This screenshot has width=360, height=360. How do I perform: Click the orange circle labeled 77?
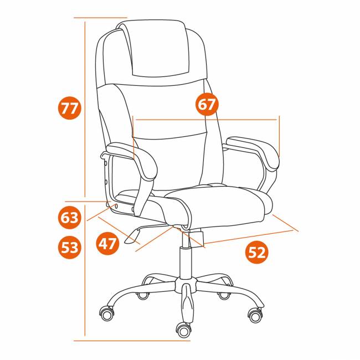pyautogui.click(x=70, y=108)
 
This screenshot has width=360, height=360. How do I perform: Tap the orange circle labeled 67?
pyautogui.click(x=207, y=104)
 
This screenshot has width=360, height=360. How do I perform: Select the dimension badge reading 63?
pyautogui.click(x=70, y=218)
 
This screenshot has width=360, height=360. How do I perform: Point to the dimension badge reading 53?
pyautogui.click(x=70, y=247)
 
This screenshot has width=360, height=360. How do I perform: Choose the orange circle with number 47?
pyautogui.click(x=107, y=243)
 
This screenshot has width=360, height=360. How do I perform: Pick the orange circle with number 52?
pyautogui.click(x=257, y=253)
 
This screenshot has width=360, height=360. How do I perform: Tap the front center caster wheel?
pyautogui.click(x=183, y=331)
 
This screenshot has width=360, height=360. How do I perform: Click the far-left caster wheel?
pyautogui.click(x=107, y=313)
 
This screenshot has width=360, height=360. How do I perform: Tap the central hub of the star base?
pyautogui.click(x=186, y=285)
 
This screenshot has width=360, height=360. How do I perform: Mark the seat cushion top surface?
pyautogui.click(x=218, y=202)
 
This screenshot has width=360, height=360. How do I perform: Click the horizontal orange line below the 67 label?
pyautogui.click(x=206, y=120)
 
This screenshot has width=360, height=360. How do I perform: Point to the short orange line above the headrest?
pyautogui.click(x=100, y=18)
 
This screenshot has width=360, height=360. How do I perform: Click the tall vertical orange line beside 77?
pyautogui.click(x=85, y=109)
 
